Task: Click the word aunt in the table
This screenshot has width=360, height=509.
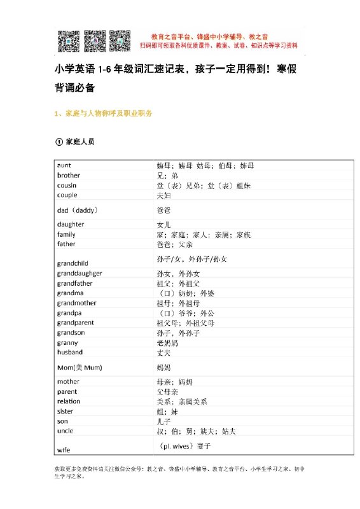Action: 64,165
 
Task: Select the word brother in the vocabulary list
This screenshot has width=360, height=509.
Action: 69,175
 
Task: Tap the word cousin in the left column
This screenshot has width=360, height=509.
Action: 67,185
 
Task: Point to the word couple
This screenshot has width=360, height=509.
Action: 67,195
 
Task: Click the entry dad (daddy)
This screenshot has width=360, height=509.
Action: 77,209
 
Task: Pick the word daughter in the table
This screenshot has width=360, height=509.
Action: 71,224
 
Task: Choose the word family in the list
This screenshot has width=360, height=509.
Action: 66,234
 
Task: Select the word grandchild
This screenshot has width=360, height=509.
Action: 73,262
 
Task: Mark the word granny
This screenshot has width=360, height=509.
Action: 67,342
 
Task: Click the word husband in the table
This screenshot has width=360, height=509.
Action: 70,352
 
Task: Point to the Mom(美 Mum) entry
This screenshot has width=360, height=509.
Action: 80,367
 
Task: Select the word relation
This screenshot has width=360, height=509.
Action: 69,401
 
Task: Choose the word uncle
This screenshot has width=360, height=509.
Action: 66,431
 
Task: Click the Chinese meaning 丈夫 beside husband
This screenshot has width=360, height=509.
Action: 163,352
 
